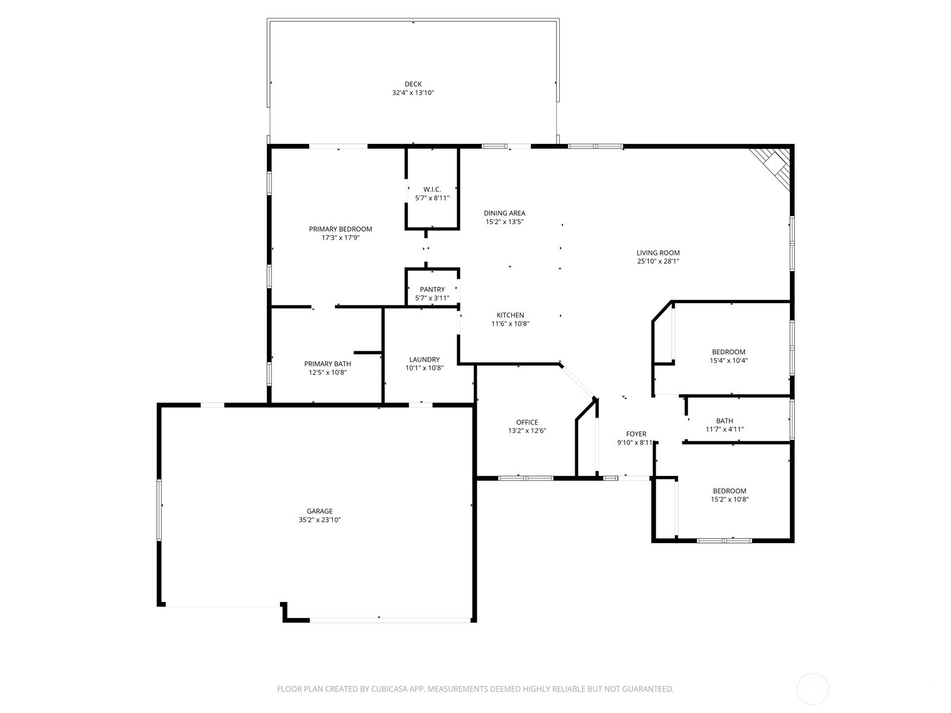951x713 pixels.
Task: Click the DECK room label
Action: click(x=413, y=84)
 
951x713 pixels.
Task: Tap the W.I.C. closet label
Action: click(x=432, y=190)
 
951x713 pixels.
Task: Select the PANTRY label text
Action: click(x=432, y=289)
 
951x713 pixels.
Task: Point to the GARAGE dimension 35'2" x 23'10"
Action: click(x=320, y=520)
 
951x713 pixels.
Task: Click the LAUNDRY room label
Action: click(x=424, y=359)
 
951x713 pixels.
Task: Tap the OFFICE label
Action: click(x=527, y=422)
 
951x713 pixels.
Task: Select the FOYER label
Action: click(x=636, y=434)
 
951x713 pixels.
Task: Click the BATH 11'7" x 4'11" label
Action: click(x=725, y=421)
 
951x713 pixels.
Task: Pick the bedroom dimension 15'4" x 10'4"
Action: click(x=728, y=361)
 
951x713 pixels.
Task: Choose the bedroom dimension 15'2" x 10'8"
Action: click(x=729, y=500)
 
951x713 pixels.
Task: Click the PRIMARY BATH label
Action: click(x=328, y=364)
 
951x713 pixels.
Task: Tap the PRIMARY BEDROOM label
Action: click(x=341, y=229)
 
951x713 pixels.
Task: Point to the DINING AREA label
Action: click(x=505, y=213)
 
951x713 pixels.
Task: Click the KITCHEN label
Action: click(x=511, y=315)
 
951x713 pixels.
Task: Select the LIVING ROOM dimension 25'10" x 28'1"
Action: click(x=658, y=261)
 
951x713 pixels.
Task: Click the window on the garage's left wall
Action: click(x=159, y=510)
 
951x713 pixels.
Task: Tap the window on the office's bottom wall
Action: click(x=525, y=478)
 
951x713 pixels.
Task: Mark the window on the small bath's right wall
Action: click(x=791, y=419)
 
